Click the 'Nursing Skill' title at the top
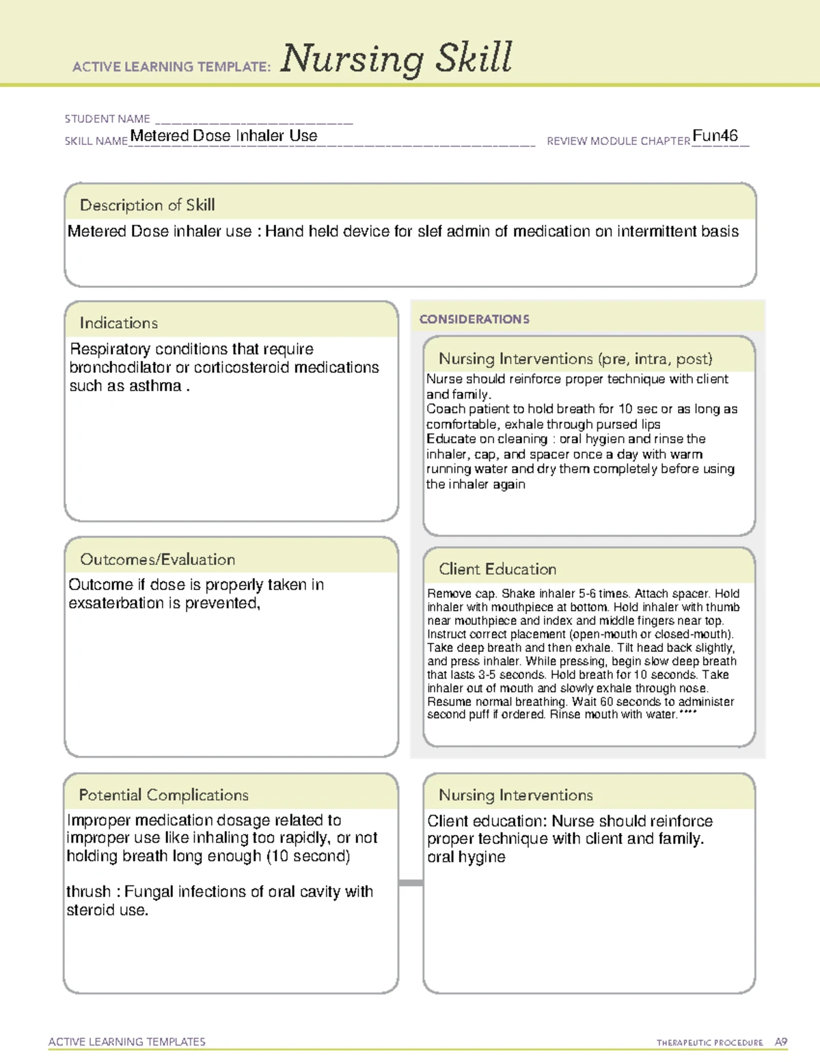tap(396, 58)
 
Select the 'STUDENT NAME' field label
tap(107, 119)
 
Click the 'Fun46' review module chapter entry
tap(715, 135)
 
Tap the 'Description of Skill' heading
tap(147, 205)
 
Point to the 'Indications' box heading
tap(118, 323)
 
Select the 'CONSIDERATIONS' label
tap(474, 319)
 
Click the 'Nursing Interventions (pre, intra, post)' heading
tap(575, 359)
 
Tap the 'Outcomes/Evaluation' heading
tap(157, 559)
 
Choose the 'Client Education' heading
tap(497, 569)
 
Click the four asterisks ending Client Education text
tap(688, 713)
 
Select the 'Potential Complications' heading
tap(163, 795)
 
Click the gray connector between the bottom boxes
tap(411, 883)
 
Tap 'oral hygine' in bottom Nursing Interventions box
tap(466, 858)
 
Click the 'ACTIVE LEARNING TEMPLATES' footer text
tap(127, 1041)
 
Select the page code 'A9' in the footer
tap(781, 1042)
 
